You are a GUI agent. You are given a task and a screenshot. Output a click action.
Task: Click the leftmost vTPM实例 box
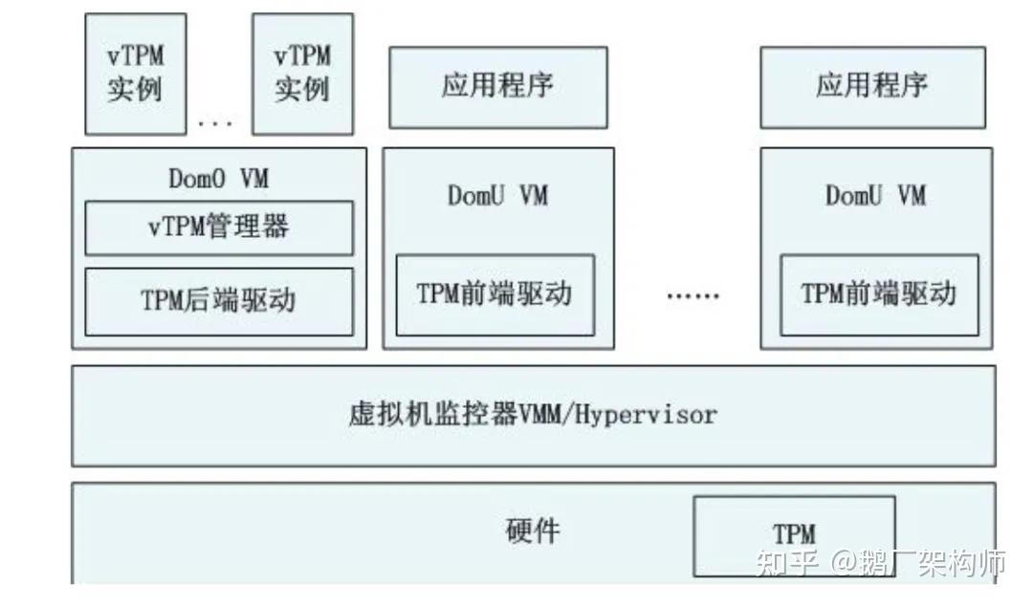click(x=135, y=74)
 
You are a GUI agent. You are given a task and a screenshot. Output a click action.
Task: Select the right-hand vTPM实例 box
click(x=302, y=74)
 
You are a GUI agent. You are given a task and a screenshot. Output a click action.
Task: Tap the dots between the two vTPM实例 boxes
click(x=215, y=122)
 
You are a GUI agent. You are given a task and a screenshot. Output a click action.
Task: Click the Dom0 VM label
click(x=219, y=179)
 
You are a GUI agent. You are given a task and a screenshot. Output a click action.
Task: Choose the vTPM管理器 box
click(x=219, y=227)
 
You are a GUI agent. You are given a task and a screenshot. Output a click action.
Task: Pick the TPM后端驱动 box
click(x=219, y=301)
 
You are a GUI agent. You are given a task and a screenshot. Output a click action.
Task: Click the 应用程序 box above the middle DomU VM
click(x=497, y=86)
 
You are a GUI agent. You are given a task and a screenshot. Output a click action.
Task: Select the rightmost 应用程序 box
click(x=871, y=86)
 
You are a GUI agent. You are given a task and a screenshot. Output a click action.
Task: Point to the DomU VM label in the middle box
click(x=497, y=196)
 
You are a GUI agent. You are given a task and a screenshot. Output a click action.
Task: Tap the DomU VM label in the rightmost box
click(x=875, y=196)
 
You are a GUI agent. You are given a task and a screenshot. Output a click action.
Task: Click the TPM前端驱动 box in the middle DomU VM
click(x=495, y=294)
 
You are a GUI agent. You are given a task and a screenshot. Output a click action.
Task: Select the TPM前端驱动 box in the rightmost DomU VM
click(x=879, y=294)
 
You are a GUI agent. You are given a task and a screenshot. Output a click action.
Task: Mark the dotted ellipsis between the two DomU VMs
click(x=692, y=296)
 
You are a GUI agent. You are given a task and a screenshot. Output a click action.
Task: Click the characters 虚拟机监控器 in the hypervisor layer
click(x=432, y=415)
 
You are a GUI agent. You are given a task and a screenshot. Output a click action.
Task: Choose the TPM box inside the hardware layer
click(x=794, y=534)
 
